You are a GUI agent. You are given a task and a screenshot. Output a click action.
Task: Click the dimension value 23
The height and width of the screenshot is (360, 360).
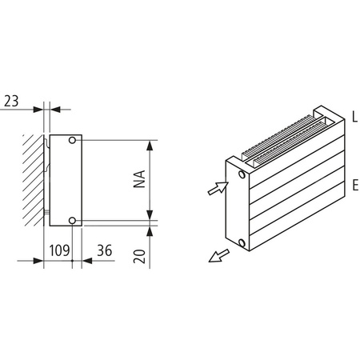click(x=11, y=101)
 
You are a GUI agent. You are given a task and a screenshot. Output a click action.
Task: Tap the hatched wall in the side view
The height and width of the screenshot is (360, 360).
click(x=32, y=180)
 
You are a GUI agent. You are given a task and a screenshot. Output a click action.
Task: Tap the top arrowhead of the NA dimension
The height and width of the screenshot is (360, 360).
click(x=150, y=145)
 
